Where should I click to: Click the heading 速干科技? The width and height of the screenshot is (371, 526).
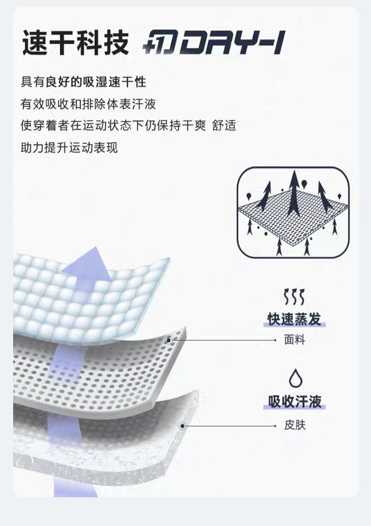(x=75, y=43)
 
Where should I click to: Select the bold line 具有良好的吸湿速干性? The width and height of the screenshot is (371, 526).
(x=83, y=81)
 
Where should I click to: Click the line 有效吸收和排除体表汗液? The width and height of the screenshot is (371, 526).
(x=88, y=104)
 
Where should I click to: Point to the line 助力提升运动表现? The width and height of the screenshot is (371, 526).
(x=69, y=147)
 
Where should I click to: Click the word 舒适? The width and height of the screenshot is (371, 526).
(x=224, y=125)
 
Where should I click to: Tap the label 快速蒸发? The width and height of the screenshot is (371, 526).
(x=294, y=319)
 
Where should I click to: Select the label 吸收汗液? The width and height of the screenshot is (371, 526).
(x=294, y=401)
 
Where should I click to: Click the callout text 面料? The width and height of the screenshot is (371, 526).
(x=294, y=340)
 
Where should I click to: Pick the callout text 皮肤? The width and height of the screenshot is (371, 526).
(x=294, y=425)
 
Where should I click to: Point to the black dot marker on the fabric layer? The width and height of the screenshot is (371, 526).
(x=169, y=340)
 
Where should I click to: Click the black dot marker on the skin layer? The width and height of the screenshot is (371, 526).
(x=183, y=425)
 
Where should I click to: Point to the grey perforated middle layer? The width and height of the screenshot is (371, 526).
(x=99, y=375)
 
